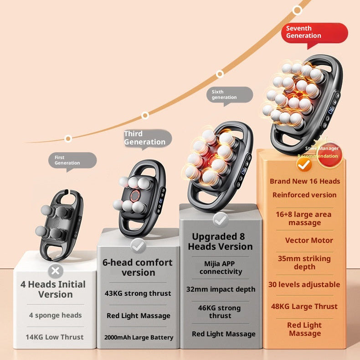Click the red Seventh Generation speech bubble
(314, 32)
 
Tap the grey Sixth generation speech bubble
(231, 94)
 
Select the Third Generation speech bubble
(147, 138)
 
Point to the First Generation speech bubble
(72, 160)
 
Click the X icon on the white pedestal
(56, 272)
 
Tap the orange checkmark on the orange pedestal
(304, 165)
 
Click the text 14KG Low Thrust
(55, 337)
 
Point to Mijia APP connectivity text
(221, 267)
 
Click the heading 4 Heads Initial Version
(53, 289)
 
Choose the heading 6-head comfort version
(139, 267)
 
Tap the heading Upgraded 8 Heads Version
(220, 242)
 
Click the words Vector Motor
(309, 241)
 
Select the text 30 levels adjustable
(304, 285)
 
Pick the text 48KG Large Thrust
(304, 307)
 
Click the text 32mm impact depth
(221, 289)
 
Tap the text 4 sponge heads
(56, 315)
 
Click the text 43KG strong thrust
(139, 293)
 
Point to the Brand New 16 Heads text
(304, 181)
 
